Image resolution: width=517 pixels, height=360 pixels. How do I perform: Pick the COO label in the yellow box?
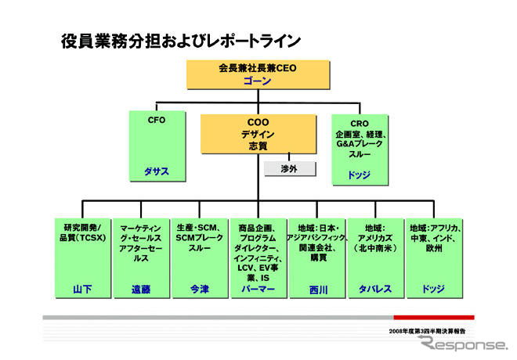pos(258,123)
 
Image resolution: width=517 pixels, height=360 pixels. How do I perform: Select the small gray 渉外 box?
pos(291,168)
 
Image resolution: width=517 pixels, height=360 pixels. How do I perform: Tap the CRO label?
pos(359,122)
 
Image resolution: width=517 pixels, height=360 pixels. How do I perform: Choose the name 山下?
pos(82,289)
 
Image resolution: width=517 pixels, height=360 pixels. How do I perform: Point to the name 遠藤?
pos(141,289)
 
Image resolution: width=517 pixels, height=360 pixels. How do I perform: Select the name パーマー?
pos(258,289)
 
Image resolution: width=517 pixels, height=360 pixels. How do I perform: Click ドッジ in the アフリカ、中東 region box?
pos(433,289)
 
